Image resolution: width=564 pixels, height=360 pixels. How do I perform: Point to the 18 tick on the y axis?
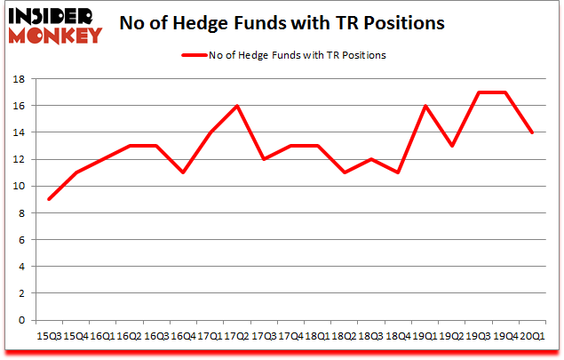coord(18,79)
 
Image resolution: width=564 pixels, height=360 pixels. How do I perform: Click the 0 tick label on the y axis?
coord(20,320)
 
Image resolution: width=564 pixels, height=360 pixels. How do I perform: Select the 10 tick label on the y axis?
coord(18,187)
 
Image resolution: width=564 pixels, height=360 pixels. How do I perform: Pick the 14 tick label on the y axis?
coord(18,132)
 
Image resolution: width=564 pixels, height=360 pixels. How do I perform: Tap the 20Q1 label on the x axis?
coord(531,336)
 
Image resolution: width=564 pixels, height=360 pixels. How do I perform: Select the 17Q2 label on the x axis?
coord(235,336)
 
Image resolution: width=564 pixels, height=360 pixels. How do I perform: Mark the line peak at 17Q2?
coord(235,106)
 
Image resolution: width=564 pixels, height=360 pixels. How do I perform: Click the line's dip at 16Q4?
coord(182,172)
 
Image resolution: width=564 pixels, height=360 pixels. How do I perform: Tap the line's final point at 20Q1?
coord(531,132)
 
